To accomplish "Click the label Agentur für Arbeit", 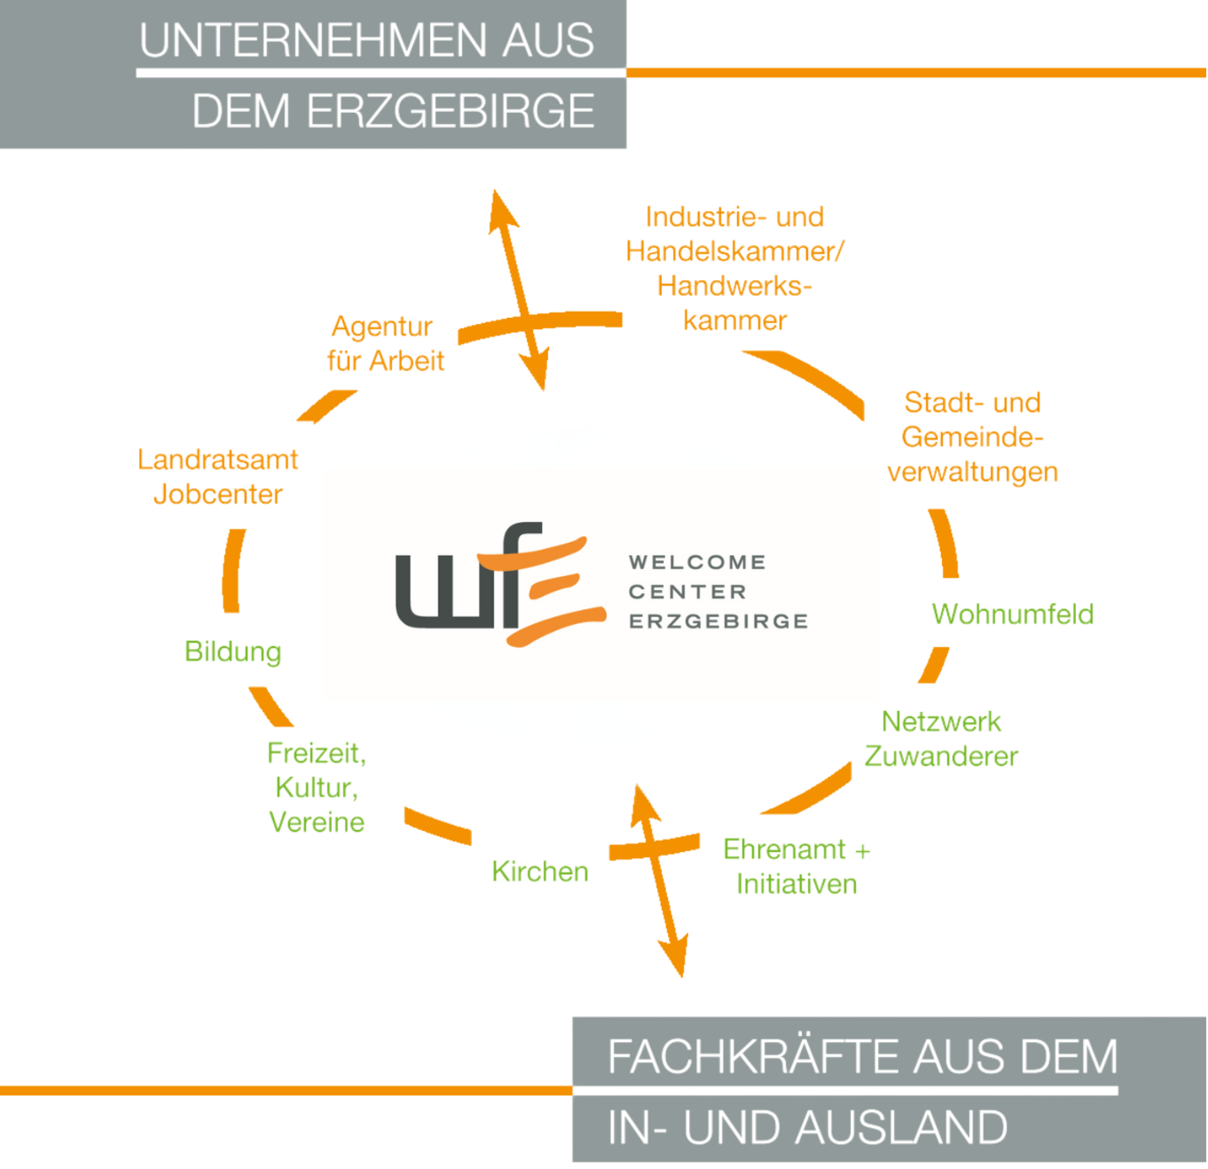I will [385, 343].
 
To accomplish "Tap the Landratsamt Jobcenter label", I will [218, 476].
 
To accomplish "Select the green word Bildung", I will [233, 651].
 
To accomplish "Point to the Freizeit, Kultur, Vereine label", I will [317, 787].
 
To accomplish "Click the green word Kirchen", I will [540, 871].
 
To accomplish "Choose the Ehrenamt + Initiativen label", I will [797, 866].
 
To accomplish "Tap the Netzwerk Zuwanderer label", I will [941, 738].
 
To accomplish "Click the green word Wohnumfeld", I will [1013, 614].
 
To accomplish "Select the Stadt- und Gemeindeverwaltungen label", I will [973, 437].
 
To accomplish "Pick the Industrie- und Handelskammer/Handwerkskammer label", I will [734, 268].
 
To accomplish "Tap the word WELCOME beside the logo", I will [698, 562].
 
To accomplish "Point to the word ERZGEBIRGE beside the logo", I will [719, 621].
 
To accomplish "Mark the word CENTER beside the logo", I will [688, 592].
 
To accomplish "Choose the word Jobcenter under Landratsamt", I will [218, 495].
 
